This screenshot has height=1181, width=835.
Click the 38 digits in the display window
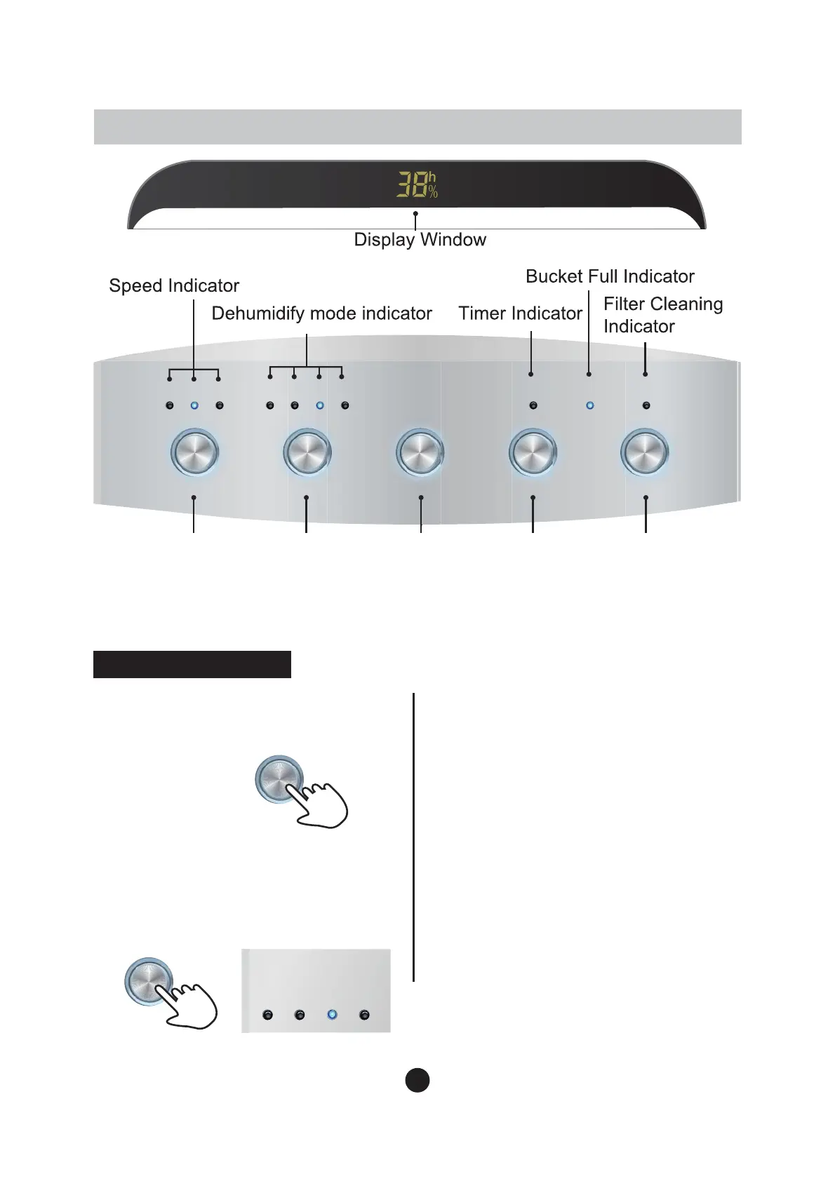pos(413,185)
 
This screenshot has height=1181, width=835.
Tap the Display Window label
pos(420,240)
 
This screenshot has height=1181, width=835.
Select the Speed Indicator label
pos(174,286)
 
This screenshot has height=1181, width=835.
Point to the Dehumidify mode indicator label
pos(321,313)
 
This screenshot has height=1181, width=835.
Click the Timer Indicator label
pos(520,313)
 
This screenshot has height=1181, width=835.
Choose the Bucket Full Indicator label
pos(610,276)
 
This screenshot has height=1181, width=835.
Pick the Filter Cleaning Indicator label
pos(662,315)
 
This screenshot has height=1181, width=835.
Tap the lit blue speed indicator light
pos(194,405)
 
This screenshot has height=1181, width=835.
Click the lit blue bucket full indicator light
pos(589,405)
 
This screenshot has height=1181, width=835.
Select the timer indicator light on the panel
pos(533,405)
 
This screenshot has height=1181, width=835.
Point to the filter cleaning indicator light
pos(646,405)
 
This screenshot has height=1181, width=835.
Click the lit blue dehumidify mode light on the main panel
pos(320,405)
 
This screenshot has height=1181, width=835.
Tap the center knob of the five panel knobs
pos(420,452)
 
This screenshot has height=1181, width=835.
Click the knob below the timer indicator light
pos(533,452)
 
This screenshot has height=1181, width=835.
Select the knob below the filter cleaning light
pos(645,452)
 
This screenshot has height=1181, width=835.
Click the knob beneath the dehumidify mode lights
pos(307,452)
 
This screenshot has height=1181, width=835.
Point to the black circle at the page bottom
pos(417,1080)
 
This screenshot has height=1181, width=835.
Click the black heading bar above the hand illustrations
pos(192,664)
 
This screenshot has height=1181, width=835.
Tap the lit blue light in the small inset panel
pos(333,1015)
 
